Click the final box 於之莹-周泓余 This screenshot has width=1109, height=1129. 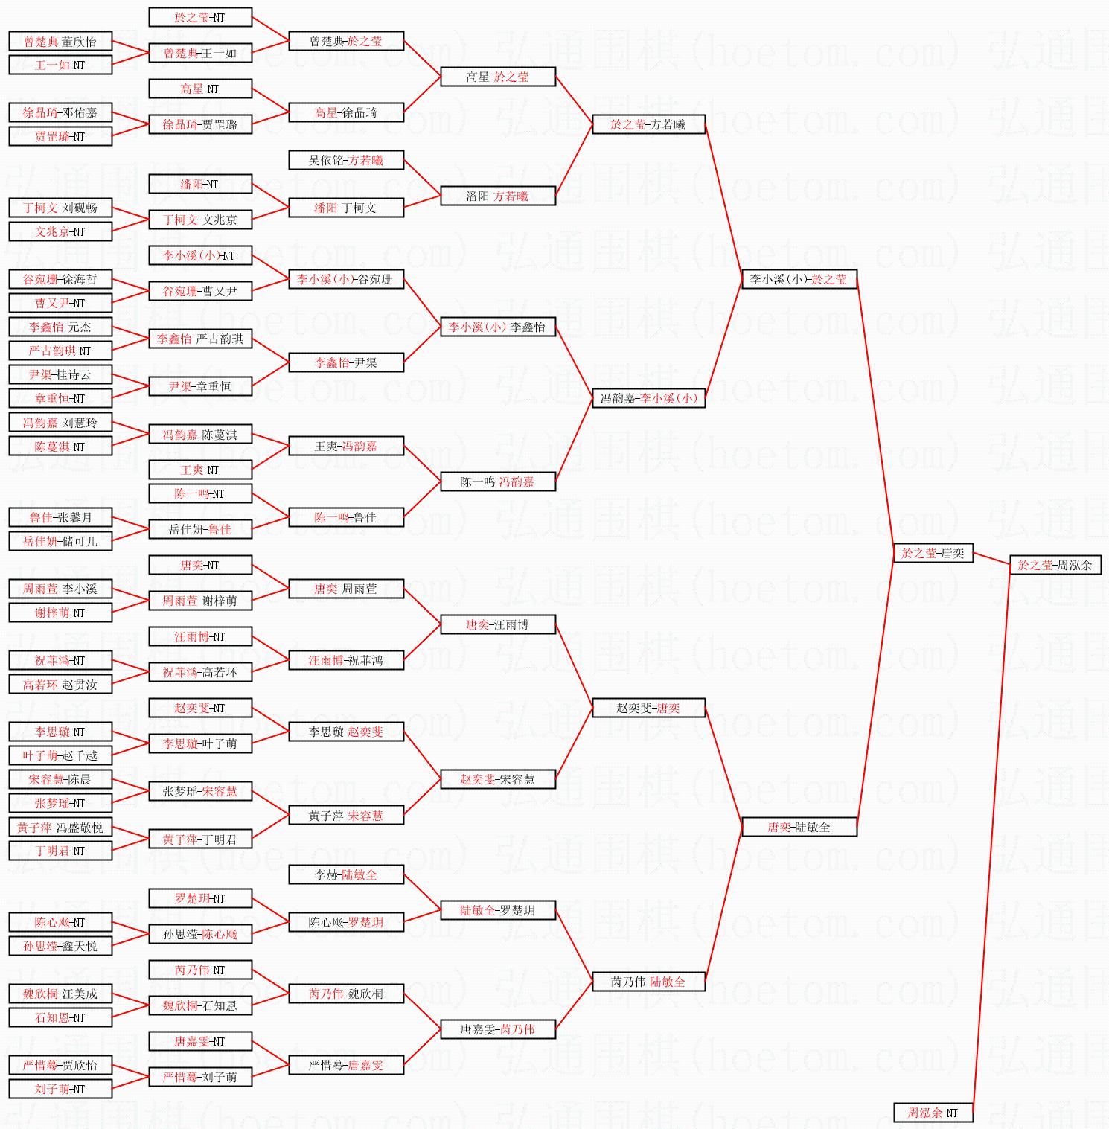click(x=1055, y=565)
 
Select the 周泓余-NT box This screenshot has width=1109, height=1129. click(x=933, y=1113)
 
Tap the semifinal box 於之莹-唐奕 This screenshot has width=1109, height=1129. click(x=933, y=553)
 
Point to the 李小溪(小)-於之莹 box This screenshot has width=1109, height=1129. click(x=799, y=279)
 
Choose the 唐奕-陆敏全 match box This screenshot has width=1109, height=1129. click(x=799, y=827)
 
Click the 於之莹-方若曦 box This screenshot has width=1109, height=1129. click(x=648, y=124)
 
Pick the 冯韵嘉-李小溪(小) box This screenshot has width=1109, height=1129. click(x=648, y=398)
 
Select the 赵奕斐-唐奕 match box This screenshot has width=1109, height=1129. click(x=648, y=708)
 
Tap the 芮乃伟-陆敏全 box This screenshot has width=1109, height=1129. click(x=648, y=982)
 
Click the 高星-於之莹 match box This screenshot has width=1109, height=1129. click(x=497, y=77)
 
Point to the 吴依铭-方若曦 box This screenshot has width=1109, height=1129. click(x=345, y=160)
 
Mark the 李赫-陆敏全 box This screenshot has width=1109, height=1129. click(x=345, y=874)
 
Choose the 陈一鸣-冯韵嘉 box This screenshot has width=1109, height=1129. click(x=497, y=482)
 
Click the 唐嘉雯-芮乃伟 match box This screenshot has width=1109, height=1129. click(x=497, y=1029)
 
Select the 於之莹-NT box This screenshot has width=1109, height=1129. click(x=199, y=17)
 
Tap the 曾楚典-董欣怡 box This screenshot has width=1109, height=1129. click(x=60, y=42)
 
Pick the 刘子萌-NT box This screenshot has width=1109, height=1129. click(x=60, y=1089)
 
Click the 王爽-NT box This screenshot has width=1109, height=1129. click(x=199, y=470)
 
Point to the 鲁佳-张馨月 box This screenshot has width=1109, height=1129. click(x=60, y=517)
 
